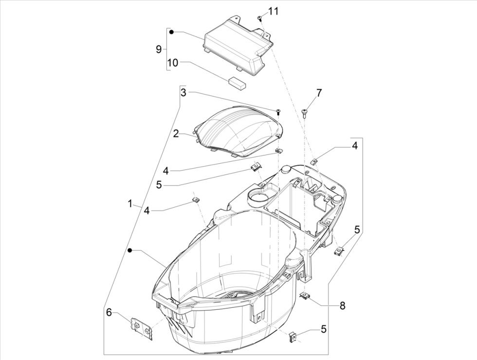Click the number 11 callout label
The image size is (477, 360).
[274, 11]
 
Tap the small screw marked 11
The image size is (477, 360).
[260, 18]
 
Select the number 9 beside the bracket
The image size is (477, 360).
[158, 49]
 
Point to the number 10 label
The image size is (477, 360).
[173, 62]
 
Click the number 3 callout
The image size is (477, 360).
[183, 92]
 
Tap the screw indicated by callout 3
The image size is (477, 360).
[278, 112]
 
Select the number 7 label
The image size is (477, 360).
[319, 92]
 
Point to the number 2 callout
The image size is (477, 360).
[176, 133]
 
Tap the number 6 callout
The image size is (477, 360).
[109, 312]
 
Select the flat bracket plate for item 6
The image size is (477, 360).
[143, 328]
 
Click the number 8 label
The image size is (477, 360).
[342, 305]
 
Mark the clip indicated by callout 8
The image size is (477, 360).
[305, 296]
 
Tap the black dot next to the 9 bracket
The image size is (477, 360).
[171, 32]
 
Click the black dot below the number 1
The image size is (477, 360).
[130, 250]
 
